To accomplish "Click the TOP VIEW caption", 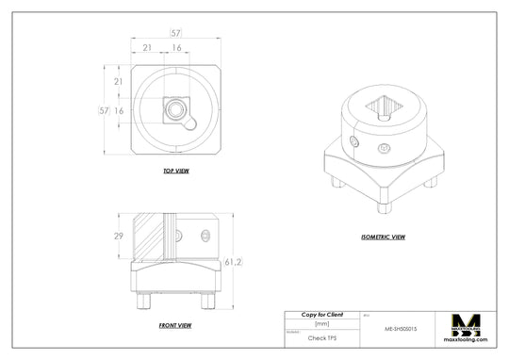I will click(176, 172).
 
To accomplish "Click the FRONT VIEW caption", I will click(176, 324).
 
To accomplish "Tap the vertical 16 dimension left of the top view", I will click(119, 110).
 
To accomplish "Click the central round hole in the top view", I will click(175, 110).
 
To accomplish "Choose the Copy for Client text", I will click(321, 314).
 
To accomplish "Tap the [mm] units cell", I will click(321, 322).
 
